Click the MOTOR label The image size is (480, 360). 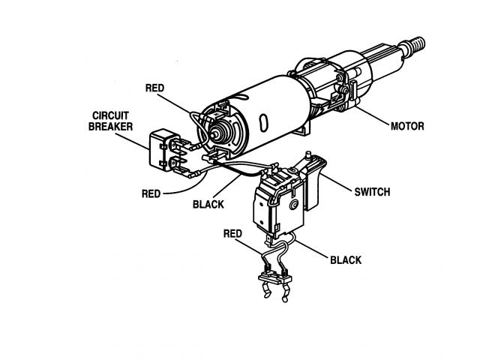click(406, 126)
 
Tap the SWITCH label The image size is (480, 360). click(371, 192)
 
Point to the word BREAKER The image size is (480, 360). click(112, 127)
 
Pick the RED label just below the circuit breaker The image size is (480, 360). click(151, 193)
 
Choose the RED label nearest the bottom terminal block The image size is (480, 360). click(232, 234)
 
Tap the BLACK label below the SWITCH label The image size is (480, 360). click(346, 260)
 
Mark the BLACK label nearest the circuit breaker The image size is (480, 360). click(208, 203)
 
